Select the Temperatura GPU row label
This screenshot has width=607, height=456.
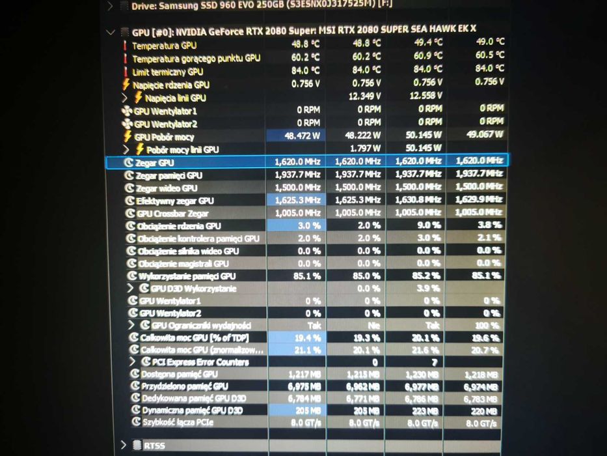coord(164,46)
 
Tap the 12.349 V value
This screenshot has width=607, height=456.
coord(365,96)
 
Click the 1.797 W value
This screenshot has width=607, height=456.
coord(365,149)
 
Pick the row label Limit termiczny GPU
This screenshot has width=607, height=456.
coord(167,72)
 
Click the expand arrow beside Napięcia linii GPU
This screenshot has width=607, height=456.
coord(126,97)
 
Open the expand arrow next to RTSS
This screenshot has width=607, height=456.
coord(123,445)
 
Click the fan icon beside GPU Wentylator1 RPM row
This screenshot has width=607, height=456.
coord(127,111)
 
